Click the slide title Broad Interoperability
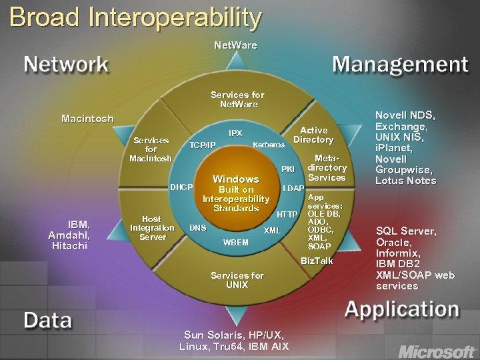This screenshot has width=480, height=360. click(x=135, y=18)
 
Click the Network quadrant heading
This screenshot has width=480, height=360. click(x=66, y=64)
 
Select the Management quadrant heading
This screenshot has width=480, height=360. click(x=400, y=64)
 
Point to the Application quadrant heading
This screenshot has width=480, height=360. click(x=401, y=309)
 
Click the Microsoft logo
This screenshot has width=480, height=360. click(x=437, y=351)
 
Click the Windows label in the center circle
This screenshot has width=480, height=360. click(x=235, y=179)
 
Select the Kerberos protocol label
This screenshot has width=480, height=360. click(x=269, y=145)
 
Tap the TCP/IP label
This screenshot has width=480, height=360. click(x=203, y=145)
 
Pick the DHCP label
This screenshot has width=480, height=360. click(x=181, y=187)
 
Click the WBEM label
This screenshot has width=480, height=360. click(x=235, y=242)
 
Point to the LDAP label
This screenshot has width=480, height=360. click(x=293, y=189)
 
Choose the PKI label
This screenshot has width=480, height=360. click(x=288, y=169)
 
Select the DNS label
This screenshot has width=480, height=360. click(x=198, y=227)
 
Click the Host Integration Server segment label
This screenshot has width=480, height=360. click(x=152, y=227)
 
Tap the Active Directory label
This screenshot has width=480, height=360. click(x=313, y=135)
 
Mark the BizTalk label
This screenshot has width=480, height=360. click(x=317, y=261)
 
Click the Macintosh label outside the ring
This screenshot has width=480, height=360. click(x=87, y=119)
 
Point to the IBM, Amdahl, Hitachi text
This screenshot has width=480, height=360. click(x=69, y=235)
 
